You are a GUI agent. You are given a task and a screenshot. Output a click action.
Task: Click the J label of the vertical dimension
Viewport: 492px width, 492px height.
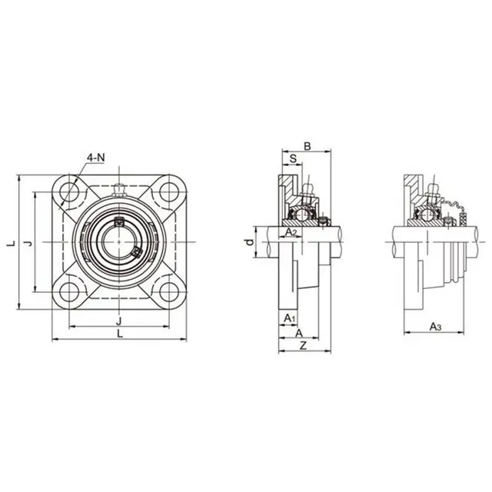[28, 243]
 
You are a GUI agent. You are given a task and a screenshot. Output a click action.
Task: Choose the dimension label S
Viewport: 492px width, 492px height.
[293, 159]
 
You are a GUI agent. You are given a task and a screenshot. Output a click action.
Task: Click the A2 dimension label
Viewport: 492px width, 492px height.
[291, 231]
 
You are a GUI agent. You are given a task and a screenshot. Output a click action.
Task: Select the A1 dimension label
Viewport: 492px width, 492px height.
[288, 317]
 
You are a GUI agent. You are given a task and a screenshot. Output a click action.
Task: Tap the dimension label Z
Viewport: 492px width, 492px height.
[304, 347]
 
